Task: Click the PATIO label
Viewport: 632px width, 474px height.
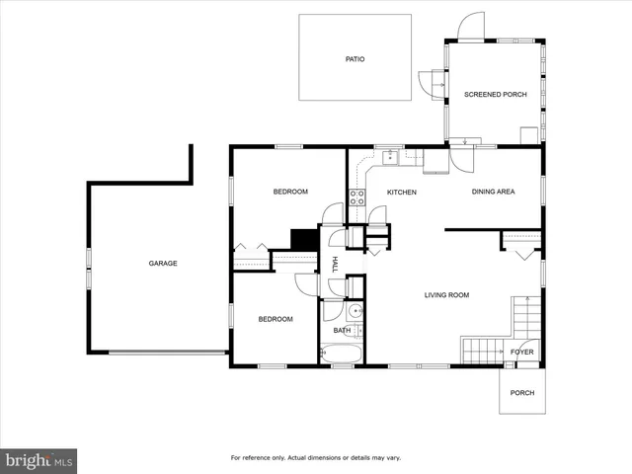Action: pos(355,59)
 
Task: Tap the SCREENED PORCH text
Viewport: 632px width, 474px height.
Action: pos(495,95)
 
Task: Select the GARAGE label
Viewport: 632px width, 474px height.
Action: pos(163,264)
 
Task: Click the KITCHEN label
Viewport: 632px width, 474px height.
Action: pos(401,192)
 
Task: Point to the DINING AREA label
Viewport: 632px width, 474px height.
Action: pos(493,192)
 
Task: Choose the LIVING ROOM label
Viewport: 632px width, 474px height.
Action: pos(446,295)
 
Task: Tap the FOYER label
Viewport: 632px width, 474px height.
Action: pos(521,352)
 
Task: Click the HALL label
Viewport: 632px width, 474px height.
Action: pos(336,264)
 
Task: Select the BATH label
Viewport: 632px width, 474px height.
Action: pos(342,331)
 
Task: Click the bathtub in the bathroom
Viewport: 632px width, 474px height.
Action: pos(342,353)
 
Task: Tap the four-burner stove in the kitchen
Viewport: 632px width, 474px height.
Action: pos(356,197)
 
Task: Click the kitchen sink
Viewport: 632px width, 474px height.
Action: pos(390,156)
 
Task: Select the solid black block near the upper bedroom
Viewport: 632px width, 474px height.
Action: pos(303,240)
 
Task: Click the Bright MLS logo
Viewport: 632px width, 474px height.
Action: pos(39,460)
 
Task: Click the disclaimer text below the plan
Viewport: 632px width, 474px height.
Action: pos(315,458)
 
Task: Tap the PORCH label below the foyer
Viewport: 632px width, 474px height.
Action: pos(521,393)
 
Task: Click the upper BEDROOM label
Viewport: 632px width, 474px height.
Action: pos(290,192)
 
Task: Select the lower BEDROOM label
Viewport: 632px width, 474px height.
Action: pos(276,319)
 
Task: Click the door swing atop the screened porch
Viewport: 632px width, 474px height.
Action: pos(473,27)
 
